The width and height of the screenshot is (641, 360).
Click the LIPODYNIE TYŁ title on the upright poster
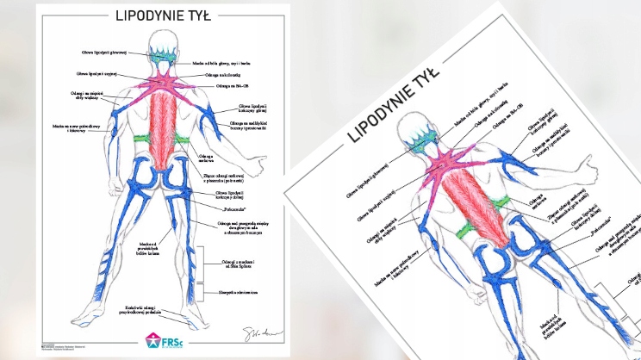point(159,15)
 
